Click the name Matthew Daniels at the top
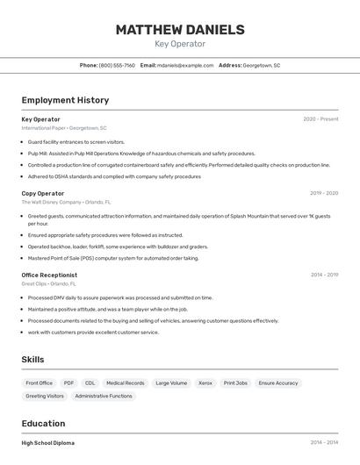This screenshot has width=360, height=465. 180,30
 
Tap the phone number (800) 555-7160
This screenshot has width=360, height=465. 117,65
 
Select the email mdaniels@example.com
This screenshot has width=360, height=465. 185,65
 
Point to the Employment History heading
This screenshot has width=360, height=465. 65,100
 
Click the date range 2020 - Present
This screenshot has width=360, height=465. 320,119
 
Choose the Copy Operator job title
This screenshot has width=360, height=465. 43,193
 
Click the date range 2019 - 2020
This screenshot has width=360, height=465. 324,193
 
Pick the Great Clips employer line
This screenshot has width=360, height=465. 48,283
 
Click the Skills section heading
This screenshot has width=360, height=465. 32,359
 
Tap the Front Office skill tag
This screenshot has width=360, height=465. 40,383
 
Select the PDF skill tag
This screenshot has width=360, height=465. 68,383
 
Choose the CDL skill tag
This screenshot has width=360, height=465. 90,383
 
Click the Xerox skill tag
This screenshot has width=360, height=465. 205,383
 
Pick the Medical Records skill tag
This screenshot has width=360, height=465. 125,383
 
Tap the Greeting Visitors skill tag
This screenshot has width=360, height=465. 45,396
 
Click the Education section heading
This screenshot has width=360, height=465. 43,423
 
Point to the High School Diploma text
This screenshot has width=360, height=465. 48,443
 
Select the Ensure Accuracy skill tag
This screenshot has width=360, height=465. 278,383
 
